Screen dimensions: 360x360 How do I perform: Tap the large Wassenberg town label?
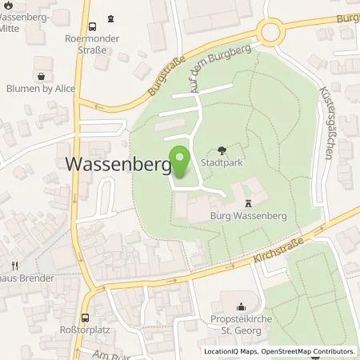pos(116,165)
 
